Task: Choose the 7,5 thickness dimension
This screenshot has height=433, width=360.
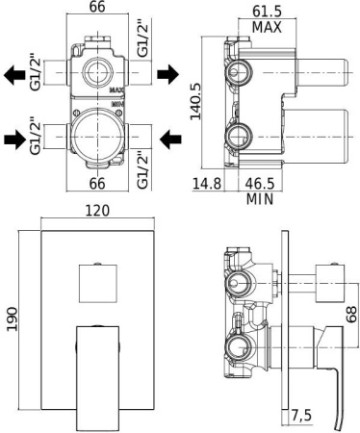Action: [x=303, y=415]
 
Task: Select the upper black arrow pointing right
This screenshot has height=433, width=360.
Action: [x=168, y=73]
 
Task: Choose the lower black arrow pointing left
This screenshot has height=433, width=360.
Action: [x=169, y=140]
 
